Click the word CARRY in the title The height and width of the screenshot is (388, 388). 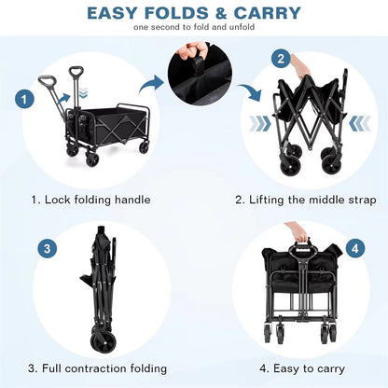tap(267, 13)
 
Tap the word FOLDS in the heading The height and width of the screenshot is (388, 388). tap(176, 13)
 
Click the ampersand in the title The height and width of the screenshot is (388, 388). tap(221, 13)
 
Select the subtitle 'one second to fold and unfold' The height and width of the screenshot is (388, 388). tap(194, 27)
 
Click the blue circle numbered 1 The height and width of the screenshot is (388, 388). tap(24, 100)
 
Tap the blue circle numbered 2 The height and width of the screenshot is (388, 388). tap(281, 59)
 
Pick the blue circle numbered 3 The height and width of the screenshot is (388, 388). tap(48, 249)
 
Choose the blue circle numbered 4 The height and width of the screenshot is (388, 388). tap(354, 249)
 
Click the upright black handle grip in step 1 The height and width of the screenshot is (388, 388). tap(75, 72)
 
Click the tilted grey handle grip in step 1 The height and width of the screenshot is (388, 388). tap(48, 82)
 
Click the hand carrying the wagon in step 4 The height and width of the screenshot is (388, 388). tap(298, 233)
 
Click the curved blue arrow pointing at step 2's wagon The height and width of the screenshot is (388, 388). tap(251, 92)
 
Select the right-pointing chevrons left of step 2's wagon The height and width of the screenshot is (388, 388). tap(260, 124)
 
